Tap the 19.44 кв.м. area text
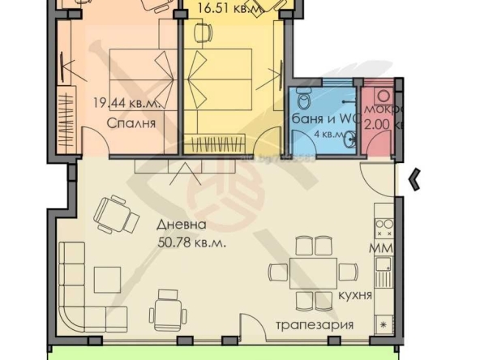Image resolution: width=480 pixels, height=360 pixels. pos(131,104)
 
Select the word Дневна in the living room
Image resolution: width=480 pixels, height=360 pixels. pos(180,225)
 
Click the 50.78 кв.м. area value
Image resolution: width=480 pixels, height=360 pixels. pos(191,242)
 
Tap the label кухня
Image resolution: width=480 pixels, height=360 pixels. pos(356,295)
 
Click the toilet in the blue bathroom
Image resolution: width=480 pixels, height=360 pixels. pos(304,101)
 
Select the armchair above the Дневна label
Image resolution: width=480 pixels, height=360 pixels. pos(114,214)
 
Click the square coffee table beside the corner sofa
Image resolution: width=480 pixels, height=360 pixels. pos(107,280)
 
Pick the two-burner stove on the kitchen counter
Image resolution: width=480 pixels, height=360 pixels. pos(383,224)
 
